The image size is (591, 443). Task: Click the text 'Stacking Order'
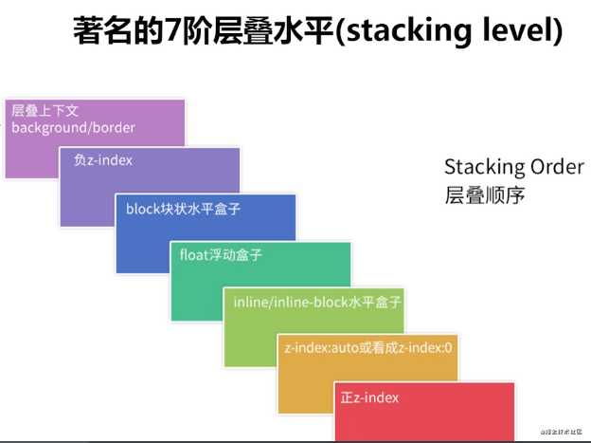513,168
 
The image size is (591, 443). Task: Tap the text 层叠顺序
484,196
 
